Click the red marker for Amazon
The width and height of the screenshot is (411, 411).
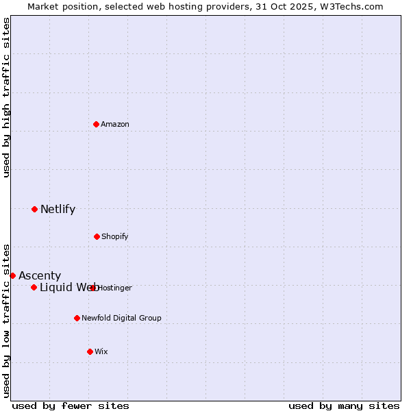[97, 124]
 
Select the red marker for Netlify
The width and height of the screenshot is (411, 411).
[34, 209]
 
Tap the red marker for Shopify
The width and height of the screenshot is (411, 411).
[97, 236]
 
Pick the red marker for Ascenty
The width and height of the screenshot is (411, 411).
[12, 275]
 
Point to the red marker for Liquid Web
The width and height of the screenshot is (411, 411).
[34, 287]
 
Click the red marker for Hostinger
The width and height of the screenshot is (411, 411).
[93, 288]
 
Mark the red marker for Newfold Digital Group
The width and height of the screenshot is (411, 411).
[77, 318]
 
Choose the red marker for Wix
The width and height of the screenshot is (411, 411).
[90, 351]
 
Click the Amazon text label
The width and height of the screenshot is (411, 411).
[115, 124]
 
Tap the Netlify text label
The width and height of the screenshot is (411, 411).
[58, 209]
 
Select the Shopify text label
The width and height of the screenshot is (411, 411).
[114, 236]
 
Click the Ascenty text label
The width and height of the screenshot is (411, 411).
[40, 275]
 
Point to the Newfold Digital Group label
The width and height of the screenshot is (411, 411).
[121, 318]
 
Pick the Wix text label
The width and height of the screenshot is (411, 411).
[101, 351]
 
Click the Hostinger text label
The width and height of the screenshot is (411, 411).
[115, 288]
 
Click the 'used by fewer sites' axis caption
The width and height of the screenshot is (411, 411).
[71, 406]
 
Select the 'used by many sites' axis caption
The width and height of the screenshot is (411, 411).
[344, 406]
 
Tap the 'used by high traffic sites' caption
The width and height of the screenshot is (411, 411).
[7, 97]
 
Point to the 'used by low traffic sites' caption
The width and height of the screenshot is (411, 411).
[7, 320]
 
